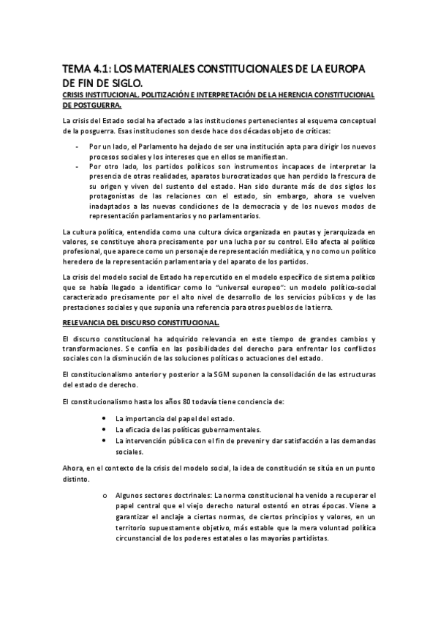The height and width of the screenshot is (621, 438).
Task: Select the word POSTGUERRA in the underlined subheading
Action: pos(91,105)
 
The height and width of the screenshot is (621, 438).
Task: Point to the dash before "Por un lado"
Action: pos(78,146)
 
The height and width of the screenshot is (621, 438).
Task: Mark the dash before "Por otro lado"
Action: pos(78,167)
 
